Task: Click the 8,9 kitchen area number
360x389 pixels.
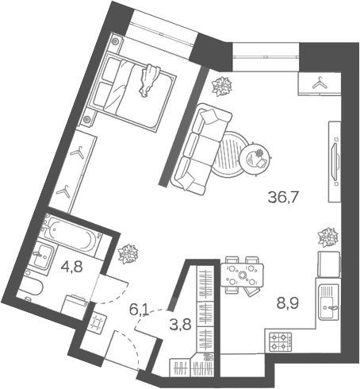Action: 287,302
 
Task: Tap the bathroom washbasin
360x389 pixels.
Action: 42,256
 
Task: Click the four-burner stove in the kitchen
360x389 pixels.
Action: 281,343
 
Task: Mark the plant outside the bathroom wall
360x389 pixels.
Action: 127,253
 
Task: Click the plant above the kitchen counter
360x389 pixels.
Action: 326,236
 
